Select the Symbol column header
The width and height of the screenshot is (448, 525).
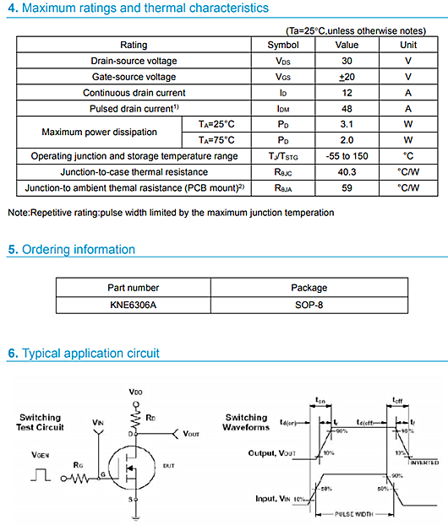click(283, 45)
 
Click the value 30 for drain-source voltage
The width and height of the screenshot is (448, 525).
click(347, 61)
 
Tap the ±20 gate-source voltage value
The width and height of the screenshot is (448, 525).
click(347, 77)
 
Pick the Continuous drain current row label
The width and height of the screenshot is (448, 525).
click(134, 93)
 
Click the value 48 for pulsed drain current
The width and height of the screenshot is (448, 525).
click(347, 109)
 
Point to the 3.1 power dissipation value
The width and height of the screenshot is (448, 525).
click(347, 124)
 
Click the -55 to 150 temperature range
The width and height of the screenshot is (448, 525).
click(347, 156)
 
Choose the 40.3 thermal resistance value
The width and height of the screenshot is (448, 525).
click(347, 172)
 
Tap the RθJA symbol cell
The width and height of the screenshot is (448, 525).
click(283, 187)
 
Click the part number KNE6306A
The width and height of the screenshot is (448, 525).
click(133, 304)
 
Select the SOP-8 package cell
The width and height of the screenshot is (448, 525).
click(308, 304)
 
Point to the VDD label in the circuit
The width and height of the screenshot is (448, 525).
click(135, 392)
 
